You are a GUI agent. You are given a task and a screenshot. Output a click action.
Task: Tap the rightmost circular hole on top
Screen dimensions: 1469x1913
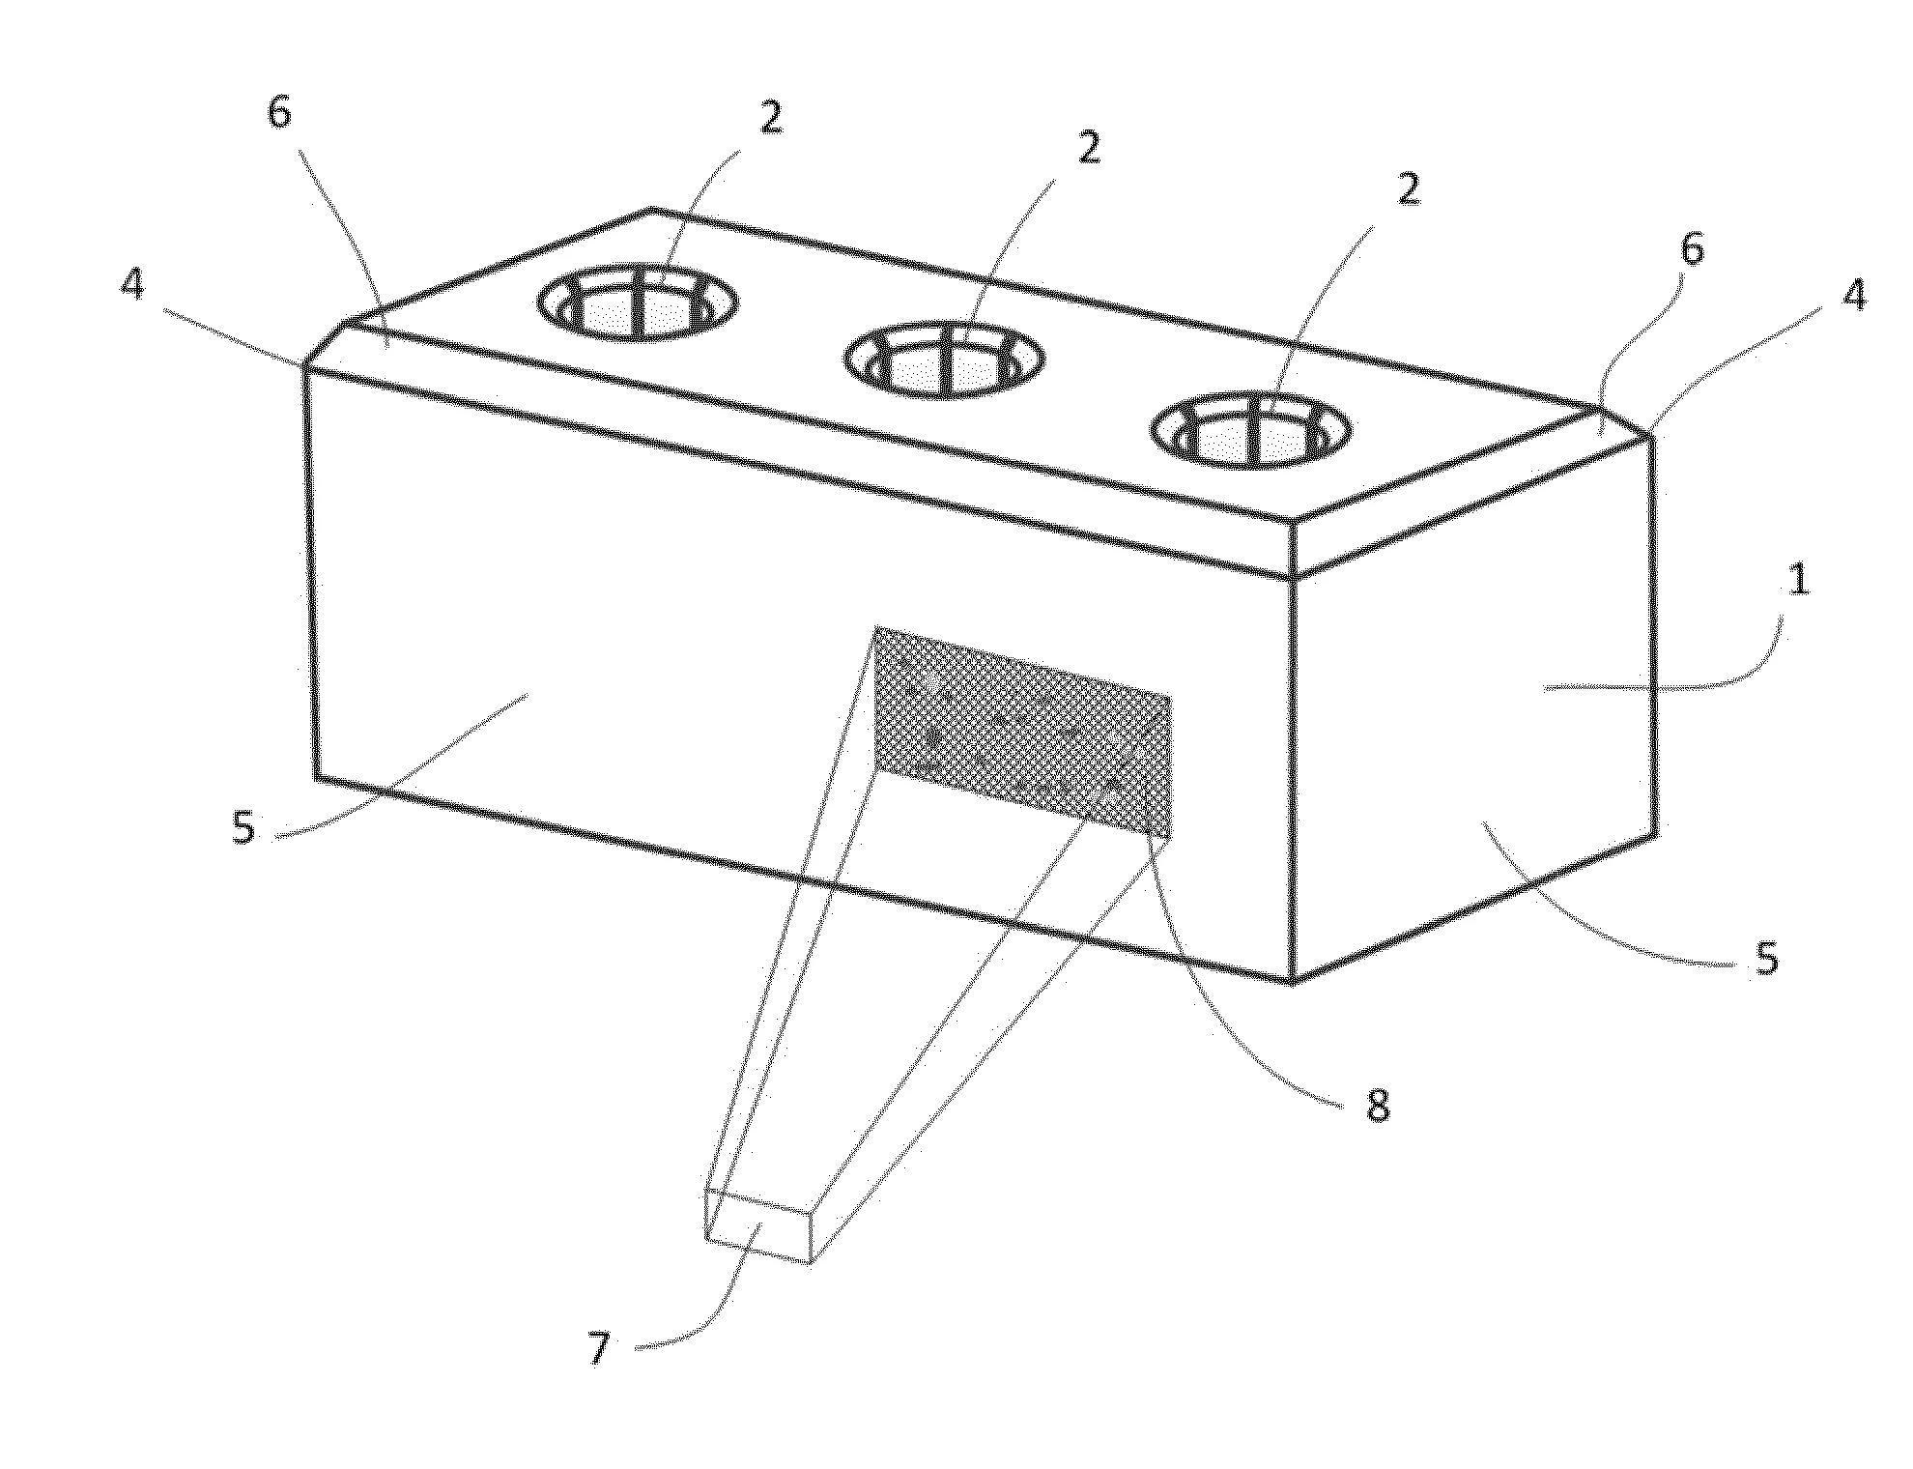1250,431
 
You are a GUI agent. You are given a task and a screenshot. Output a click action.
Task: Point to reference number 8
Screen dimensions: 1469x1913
1378,1106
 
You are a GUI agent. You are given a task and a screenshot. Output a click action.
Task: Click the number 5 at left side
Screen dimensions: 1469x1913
243,828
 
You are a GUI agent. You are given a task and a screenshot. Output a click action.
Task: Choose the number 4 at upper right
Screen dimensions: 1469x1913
1853,295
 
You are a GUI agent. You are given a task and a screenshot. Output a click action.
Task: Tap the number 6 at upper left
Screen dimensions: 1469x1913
278,113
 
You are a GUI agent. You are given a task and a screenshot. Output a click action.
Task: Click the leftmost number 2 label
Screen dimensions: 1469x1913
770,117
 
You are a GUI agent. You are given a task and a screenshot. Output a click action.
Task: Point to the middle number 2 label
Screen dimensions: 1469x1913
1089,149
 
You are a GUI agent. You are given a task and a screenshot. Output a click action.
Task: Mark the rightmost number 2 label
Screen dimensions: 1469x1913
1409,190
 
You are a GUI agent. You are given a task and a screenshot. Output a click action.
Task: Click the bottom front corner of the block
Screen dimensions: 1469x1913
1293,981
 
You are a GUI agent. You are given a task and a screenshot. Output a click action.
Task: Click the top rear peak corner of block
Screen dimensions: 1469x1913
651,208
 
